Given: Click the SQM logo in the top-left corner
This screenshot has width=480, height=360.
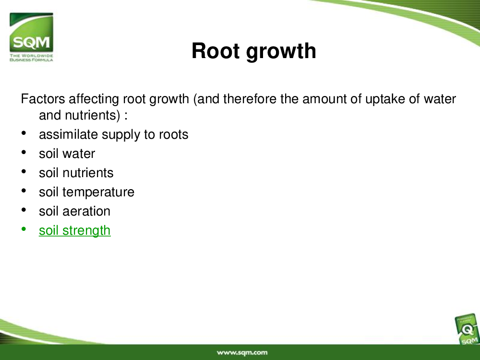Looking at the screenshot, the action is [x=31, y=37].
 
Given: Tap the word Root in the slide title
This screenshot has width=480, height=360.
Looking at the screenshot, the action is [x=215, y=50].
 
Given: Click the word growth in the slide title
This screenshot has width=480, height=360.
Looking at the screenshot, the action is [x=281, y=51].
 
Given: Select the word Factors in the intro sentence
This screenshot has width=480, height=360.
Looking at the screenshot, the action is [x=43, y=99].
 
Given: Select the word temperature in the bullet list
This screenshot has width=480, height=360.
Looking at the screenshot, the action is [x=98, y=192].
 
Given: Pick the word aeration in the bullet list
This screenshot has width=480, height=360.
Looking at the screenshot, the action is [x=86, y=211].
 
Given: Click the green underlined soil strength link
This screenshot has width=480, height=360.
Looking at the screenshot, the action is [x=75, y=231].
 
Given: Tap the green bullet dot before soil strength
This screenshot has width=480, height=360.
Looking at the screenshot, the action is [x=24, y=228].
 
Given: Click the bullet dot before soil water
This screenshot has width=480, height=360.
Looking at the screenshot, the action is [x=24, y=152].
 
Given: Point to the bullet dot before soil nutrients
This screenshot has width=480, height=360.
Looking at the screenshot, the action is [x=24, y=171].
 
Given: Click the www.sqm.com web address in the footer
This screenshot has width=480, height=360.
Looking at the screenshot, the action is [x=242, y=353].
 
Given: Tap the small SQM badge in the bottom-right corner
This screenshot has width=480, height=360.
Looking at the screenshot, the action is [x=467, y=330].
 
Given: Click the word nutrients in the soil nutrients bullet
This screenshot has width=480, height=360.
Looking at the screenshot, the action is [x=88, y=173].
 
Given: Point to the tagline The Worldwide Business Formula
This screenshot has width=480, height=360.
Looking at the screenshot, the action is [x=31, y=58].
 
